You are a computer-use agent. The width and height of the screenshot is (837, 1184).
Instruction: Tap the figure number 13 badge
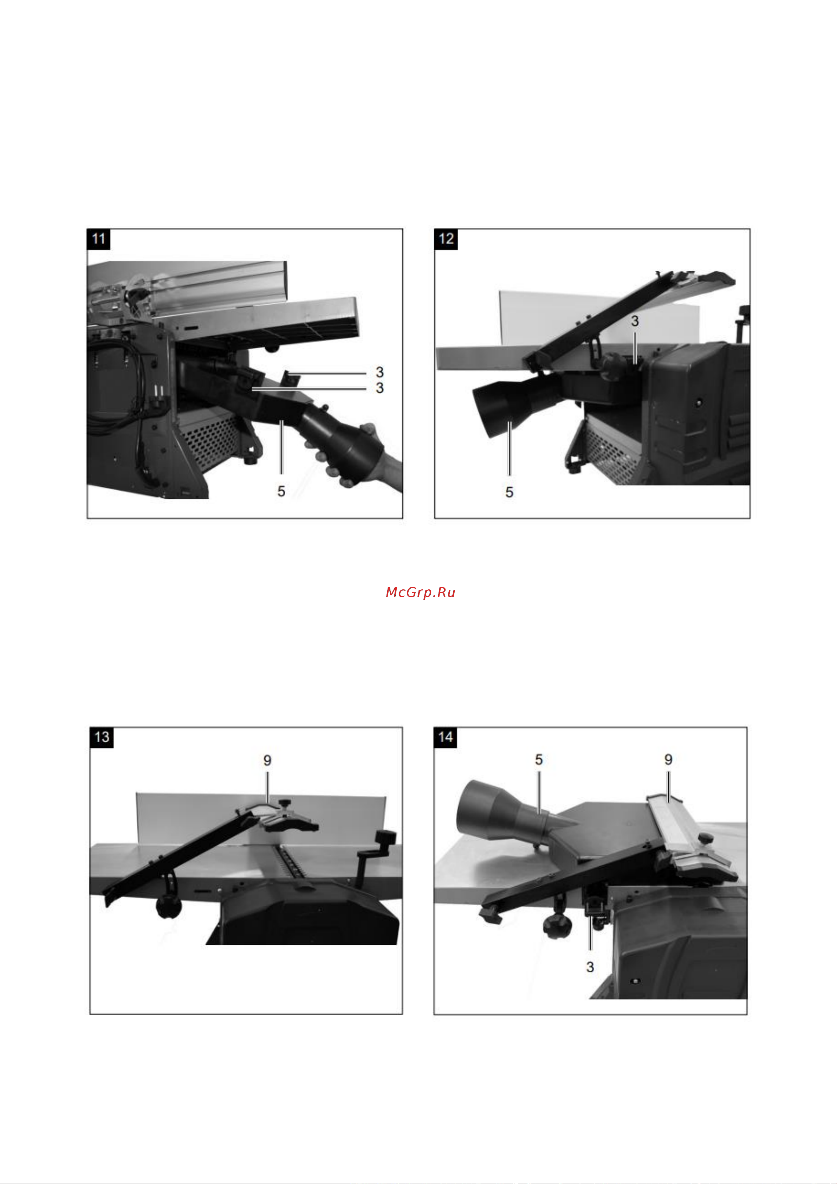pyautogui.click(x=102, y=737)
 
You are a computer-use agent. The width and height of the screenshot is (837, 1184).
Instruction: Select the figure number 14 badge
pyautogui.click(x=445, y=737)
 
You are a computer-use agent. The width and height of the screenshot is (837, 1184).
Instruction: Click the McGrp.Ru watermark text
pyautogui.click(x=420, y=593)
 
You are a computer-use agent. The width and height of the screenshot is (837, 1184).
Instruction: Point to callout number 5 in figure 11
pyautogui.click(x=281, y=491)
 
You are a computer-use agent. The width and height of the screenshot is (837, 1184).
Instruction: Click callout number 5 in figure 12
pyautogui.click(x=510, y=492)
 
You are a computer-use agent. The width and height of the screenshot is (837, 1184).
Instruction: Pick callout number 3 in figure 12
pyautogui.click(x=635, y=321)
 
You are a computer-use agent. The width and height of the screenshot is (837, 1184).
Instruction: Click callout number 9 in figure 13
pyautogui.click(x=267, y=761)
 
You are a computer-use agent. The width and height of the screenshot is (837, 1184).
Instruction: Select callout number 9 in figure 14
pyautogui.click(x=668, y=759)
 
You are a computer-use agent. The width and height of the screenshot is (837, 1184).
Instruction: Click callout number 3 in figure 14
pyautogui.click(x=590, y=967)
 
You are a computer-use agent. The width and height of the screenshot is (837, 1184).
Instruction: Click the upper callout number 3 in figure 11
pyautogui.click(x=379, y=372)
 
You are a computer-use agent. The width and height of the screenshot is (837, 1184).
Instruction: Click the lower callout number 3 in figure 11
pyautogui.click(x=379, y=388)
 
